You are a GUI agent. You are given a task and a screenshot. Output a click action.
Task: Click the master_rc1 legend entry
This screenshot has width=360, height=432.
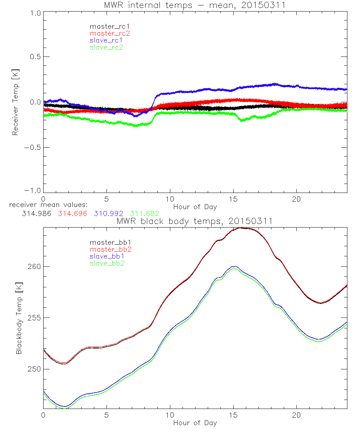[x=107, y=26]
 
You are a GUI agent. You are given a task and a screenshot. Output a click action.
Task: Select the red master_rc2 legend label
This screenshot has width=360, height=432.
[x=107, y=33]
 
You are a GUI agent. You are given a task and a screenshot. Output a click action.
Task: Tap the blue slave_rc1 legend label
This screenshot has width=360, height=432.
[x=104, y=40]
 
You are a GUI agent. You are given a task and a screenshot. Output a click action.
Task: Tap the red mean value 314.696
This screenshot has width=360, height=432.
[x=72, y=213]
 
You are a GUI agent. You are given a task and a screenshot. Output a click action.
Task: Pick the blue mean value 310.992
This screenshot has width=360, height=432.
[x=108, y=213]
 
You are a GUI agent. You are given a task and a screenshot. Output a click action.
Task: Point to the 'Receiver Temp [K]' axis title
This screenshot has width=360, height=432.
[x=15, y=103]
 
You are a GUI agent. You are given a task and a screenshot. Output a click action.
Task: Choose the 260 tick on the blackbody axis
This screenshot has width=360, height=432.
[x=33, y=267]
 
